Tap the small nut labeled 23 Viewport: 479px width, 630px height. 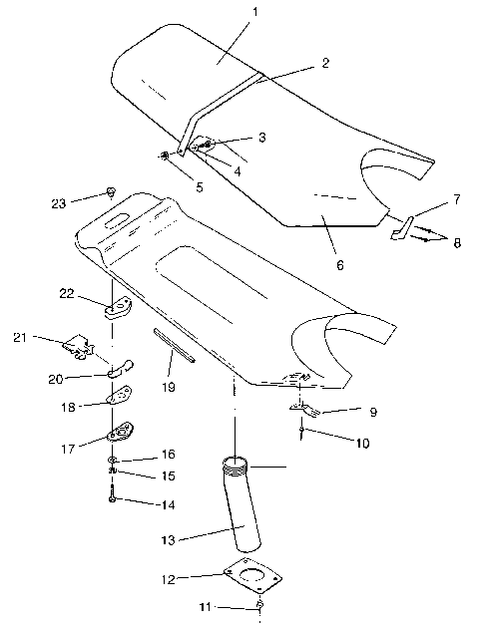pyautogui.click(x=112, y=191)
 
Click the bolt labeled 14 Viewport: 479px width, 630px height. pyautogui.click(x=112, y=498)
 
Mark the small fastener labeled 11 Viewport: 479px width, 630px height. pyautogui.click(x=259, y=605)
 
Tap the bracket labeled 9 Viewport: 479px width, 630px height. pyautogui.click(x=304, y=407)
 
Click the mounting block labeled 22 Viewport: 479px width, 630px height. pyautogui.click(x=117, y=306)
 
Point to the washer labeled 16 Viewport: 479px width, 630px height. pyautogui.click(x=114, y=458)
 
